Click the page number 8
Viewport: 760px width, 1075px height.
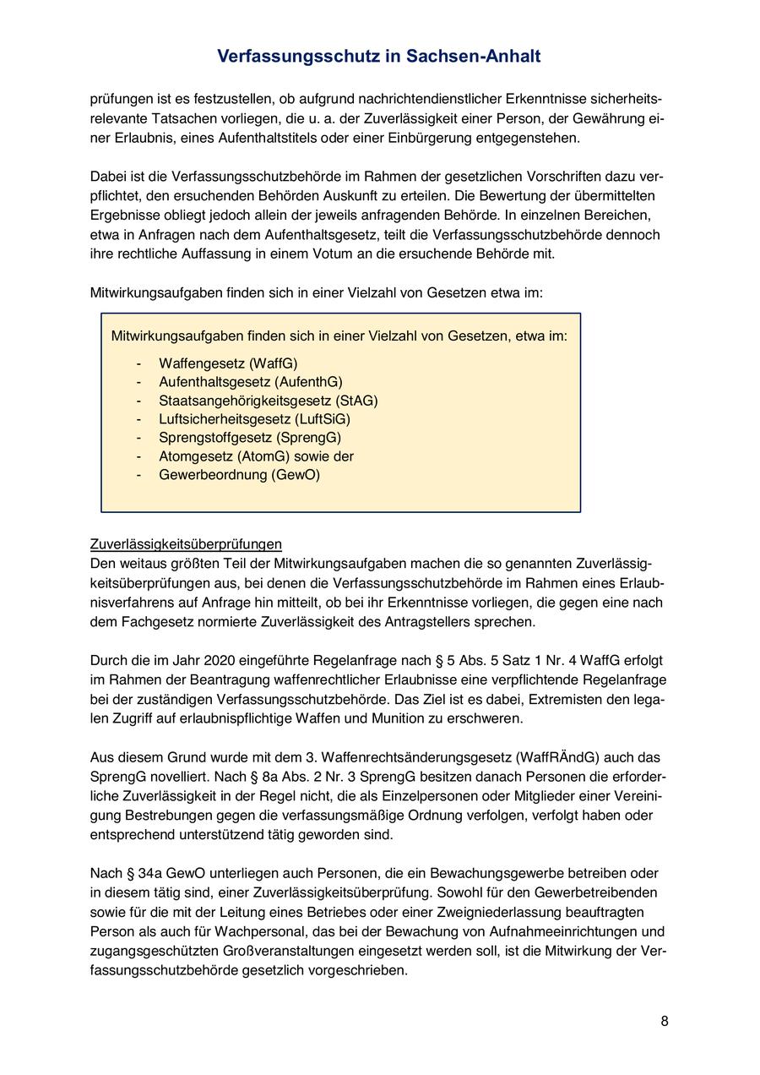click(665, 1021)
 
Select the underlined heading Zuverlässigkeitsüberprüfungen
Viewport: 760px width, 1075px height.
click(186, 543)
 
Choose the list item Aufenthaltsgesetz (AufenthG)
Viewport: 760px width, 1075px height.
click(251, 382)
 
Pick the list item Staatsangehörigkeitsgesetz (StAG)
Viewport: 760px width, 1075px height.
click(268, 401)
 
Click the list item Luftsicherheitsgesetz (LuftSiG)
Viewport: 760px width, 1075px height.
click(254, 419)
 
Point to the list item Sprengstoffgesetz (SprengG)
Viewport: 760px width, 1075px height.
click(250, 438)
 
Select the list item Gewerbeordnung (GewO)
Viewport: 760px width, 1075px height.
click(239, 475)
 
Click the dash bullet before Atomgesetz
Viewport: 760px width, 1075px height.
click(138, 456)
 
